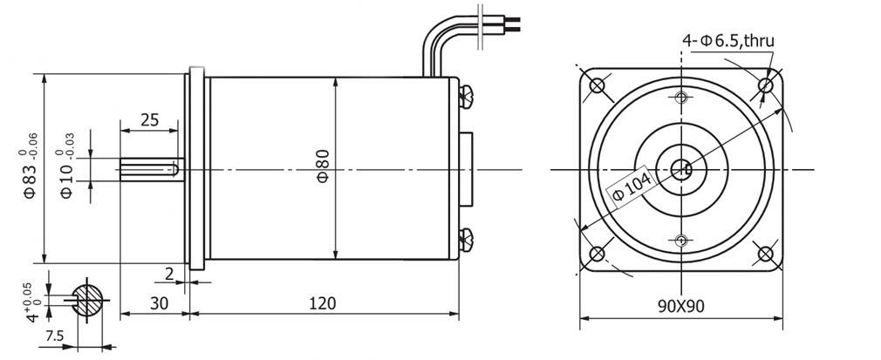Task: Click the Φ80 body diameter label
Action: tap(323, 166)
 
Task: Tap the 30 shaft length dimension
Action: tap(160, 303)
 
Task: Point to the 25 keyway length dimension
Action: tap(149, 119)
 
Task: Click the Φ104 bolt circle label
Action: tap(632, 187)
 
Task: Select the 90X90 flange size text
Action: tap(681, 306)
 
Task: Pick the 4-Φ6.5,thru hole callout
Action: tap(728, 40)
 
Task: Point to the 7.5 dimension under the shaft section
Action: tap(54, 336)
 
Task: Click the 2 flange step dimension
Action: tap(170, 274)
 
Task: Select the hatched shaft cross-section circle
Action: tap(87, 299)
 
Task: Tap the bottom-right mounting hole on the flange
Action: tap(765, 254)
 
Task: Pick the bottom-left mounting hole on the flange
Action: tap(597, 254)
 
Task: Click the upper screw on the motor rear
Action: tap(466, 96)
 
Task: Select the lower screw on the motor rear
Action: tap(466, 241)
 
